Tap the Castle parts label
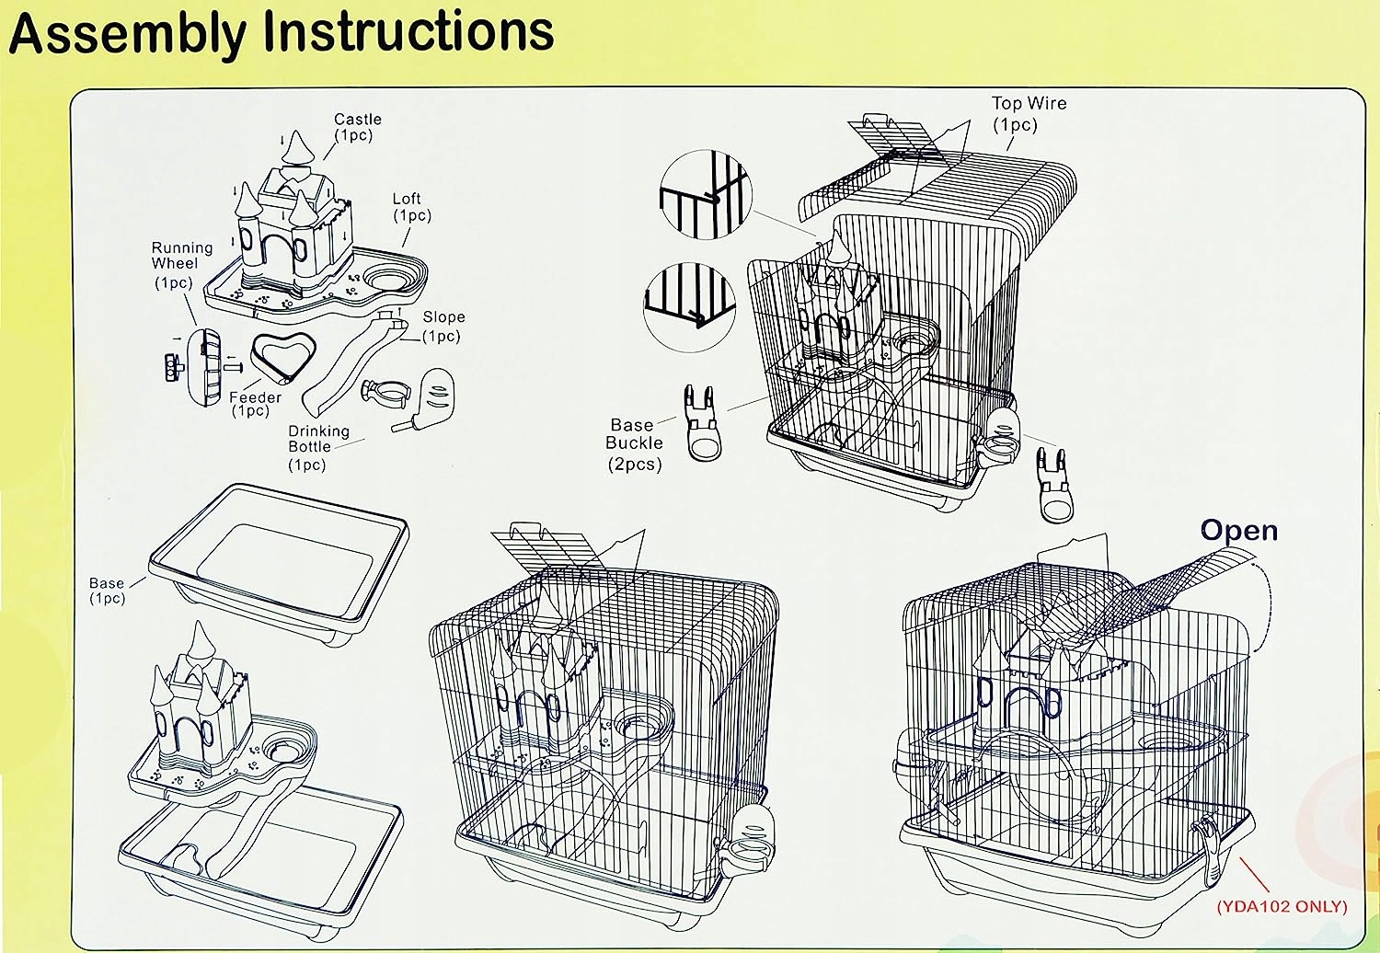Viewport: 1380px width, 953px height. pyautogui.click(x=357, y=127)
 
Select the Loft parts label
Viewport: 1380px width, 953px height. pyautogui.click(x=409, y=207)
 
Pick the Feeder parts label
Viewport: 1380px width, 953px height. pyautogui.click(x=254, y=404)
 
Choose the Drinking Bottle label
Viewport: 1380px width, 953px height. pyautogui.click(x=316, y=447)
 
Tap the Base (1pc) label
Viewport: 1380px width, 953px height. pyautogui.click(x=107, y=591)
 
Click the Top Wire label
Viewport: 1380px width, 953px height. pyautogui.click(x=1028, y=113)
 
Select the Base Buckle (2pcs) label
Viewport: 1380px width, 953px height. pyautogui.click(x=634, y=444)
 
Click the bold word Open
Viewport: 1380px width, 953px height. pyautogui.click(x=1238, y=531)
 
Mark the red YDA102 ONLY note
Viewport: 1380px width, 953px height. pyautogui.click(x=1282, y=906)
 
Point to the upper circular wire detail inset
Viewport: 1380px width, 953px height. pyautogui.click(x=706, y=197)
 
